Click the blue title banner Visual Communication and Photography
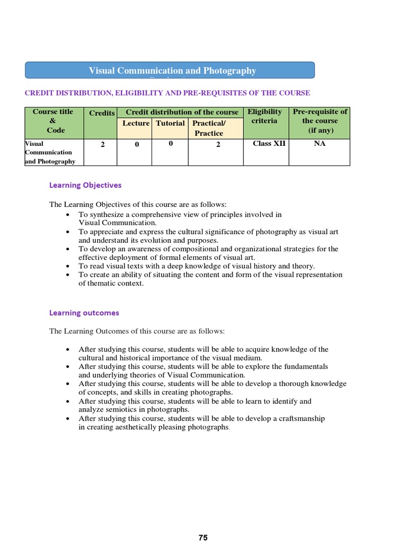[172, 71]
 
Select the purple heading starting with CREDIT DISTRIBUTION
[167, 93]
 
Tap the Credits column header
[101, 113]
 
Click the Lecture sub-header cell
[136, 124]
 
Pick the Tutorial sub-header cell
[170, 124]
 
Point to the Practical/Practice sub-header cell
[209, 128]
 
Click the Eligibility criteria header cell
[264, 117]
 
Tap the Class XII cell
[269, 144]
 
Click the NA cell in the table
[320, 144]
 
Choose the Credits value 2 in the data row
[102, 144]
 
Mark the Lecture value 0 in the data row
[136, 144]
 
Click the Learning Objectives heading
[85, 185]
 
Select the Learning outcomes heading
[84, 313]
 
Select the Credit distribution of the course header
[182, 112]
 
